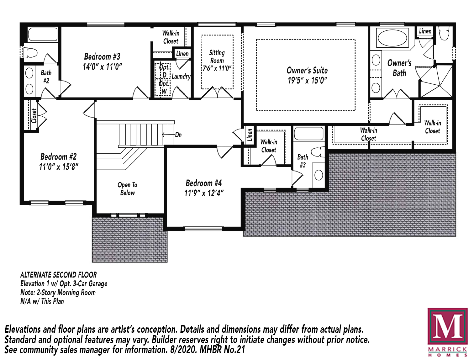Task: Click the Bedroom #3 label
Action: [102, 56]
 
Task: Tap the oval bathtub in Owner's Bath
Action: [392, 38]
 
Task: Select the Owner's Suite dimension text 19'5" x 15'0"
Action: [307, 81]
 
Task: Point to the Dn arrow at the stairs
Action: [168, 135]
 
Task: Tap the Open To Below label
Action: [127, 189]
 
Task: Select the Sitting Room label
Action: [217, 56]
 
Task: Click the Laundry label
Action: [181, 77]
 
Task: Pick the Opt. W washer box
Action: [163, 88]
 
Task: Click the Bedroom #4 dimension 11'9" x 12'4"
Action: [204, 193]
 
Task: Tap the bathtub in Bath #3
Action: [309, 134]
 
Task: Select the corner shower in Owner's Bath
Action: [436, 81]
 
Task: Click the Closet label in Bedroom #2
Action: [34, 116]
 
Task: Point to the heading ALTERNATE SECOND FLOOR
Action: [59, 275]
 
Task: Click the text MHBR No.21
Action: [222, 350]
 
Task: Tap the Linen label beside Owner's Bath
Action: [425, 31]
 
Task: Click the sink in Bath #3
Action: [319, 175]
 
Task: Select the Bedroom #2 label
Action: [59, 156]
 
